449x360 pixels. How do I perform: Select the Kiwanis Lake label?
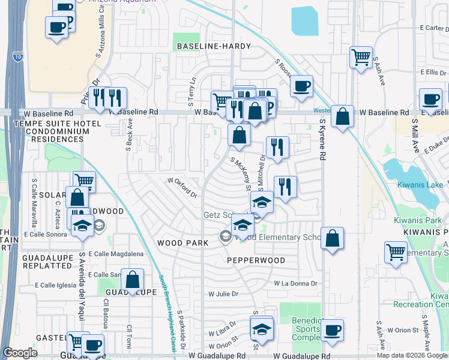[x=418, y=185]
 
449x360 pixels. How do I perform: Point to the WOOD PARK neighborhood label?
[x=182, y=243]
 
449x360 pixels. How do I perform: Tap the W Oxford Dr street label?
[x=182, y=187]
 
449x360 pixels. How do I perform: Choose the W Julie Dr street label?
[x=223, y=294]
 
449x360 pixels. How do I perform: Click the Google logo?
[x=20, y=353]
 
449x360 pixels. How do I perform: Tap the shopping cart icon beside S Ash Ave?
[x=361, y=58]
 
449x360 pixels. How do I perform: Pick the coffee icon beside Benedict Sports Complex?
[x=332, y=329]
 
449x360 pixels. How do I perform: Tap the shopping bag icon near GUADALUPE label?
[x=133, y=279]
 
